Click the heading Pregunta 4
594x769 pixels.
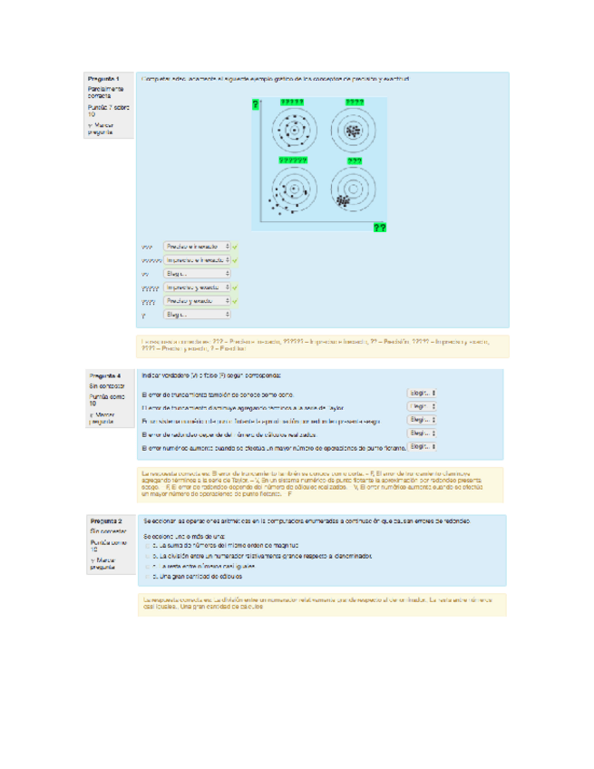pyautogui.click(x=105, y=375)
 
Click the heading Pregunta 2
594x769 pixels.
pyautogui.click(x=105, y=522)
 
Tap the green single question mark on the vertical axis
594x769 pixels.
pyautogui.click(x=256, y=106)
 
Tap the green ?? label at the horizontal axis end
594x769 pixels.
pyautogui.click(x=379, y=228)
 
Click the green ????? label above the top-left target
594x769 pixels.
pyautogui.click(x=292, y=102)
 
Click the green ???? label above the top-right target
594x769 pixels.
pyautogui.click(x=354, y=102)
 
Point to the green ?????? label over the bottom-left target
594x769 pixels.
pyautogui.click(x=292, y=161)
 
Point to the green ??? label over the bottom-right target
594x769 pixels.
pyautogui.click(x=354, y=161)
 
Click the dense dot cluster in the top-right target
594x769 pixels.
pyautogui.click(x=352, y=131)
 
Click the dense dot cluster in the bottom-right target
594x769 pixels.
pyautogui.click(x=343, y=199)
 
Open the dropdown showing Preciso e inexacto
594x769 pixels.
pyautogui.click(x=197, y=246)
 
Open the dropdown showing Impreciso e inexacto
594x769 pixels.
pyautogui.click(x=197, y=259)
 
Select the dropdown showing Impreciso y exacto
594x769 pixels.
pyautogui.click(x=197, y=287)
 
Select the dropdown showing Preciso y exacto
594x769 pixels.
pyautogui.click(x=197, y=301)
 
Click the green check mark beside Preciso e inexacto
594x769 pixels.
pyautogui.click(x=236, y=246)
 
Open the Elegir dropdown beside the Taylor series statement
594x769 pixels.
pyautogui.click(x=422, y=407)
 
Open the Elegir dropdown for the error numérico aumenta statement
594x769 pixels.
pyautogui.click(x=422, y=447)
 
